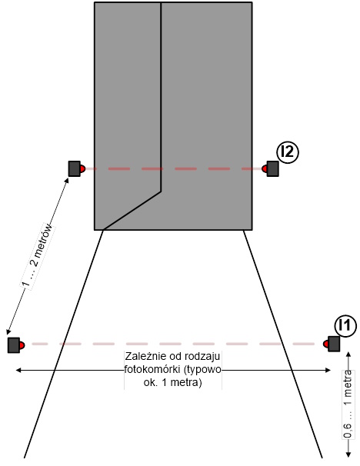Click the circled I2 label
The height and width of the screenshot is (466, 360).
pyautogui.click(x=288, y=152)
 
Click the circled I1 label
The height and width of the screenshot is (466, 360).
pyautogui.click(x=345, y=326)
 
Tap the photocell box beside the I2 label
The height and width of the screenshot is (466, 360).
pyautogui.click(x=272, y=169)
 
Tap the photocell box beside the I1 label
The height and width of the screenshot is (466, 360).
pyautogui.click(x=334, y=344)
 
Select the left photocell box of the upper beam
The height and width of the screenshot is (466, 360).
pyautogui.click(x=75, y=169)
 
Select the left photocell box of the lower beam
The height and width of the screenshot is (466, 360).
pyautogui.click(x=14, y=345)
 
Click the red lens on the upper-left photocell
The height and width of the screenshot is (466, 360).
pyautogui.click(x=82, y=169)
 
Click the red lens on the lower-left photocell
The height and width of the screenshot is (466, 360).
pyautogui.click(x=22, y=345)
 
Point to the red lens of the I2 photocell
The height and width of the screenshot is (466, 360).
pyautogui.click(x=265, y=169)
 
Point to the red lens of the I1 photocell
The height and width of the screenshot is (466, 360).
pyautogui.click(x=326, y=344)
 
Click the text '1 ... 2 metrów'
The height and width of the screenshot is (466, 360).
pyautogui.click(x=38, y=256)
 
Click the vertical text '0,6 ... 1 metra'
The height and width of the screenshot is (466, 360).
pyautogui.click(x=348, y=404)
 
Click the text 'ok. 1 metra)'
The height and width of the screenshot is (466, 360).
pyautogui.click(x=173, y=382)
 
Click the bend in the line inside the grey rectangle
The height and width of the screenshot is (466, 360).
pyautogui.click(x=161, y=191)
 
